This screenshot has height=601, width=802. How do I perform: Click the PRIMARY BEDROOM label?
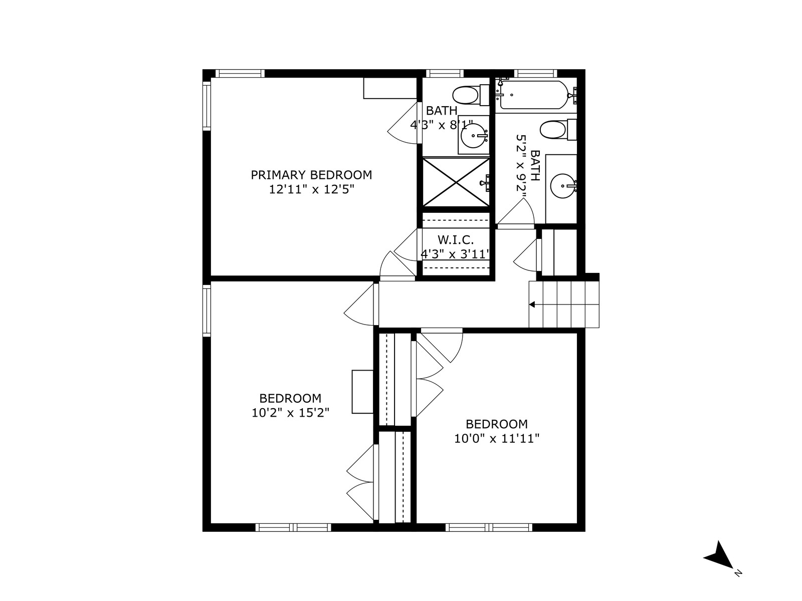pos(311,175)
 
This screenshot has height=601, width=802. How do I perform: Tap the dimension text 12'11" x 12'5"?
pos(312,189)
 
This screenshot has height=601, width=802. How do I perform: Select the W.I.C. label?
pos(456,240)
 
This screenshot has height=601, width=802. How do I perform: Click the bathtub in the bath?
pos(534,95)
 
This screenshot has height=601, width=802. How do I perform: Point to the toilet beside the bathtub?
pos(557,130)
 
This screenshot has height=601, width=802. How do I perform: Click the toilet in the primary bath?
pos(471,95)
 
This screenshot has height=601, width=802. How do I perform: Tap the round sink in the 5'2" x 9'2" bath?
pos(563,186)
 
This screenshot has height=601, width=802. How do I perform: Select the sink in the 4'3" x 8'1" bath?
pos(474,136)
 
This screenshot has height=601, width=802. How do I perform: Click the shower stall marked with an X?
pos(456,182)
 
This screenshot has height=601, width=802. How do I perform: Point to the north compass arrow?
pos(718,554)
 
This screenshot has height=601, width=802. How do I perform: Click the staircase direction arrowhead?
pos(532,305)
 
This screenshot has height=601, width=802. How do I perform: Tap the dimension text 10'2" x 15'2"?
pos(290,413)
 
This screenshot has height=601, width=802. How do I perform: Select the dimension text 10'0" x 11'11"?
pos(497,438)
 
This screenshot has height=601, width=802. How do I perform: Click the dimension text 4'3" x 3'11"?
pos(455,254)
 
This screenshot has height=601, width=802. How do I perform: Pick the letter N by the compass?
pos(738,573)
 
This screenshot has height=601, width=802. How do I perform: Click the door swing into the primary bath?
pos(403,123)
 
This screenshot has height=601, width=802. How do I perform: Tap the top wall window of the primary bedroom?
pos(240,73)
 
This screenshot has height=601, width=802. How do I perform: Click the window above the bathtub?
pos(536,73)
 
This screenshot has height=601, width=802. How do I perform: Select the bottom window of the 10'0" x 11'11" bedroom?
pos(489,527)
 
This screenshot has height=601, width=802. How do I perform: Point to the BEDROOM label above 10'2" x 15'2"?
pos(290,398)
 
